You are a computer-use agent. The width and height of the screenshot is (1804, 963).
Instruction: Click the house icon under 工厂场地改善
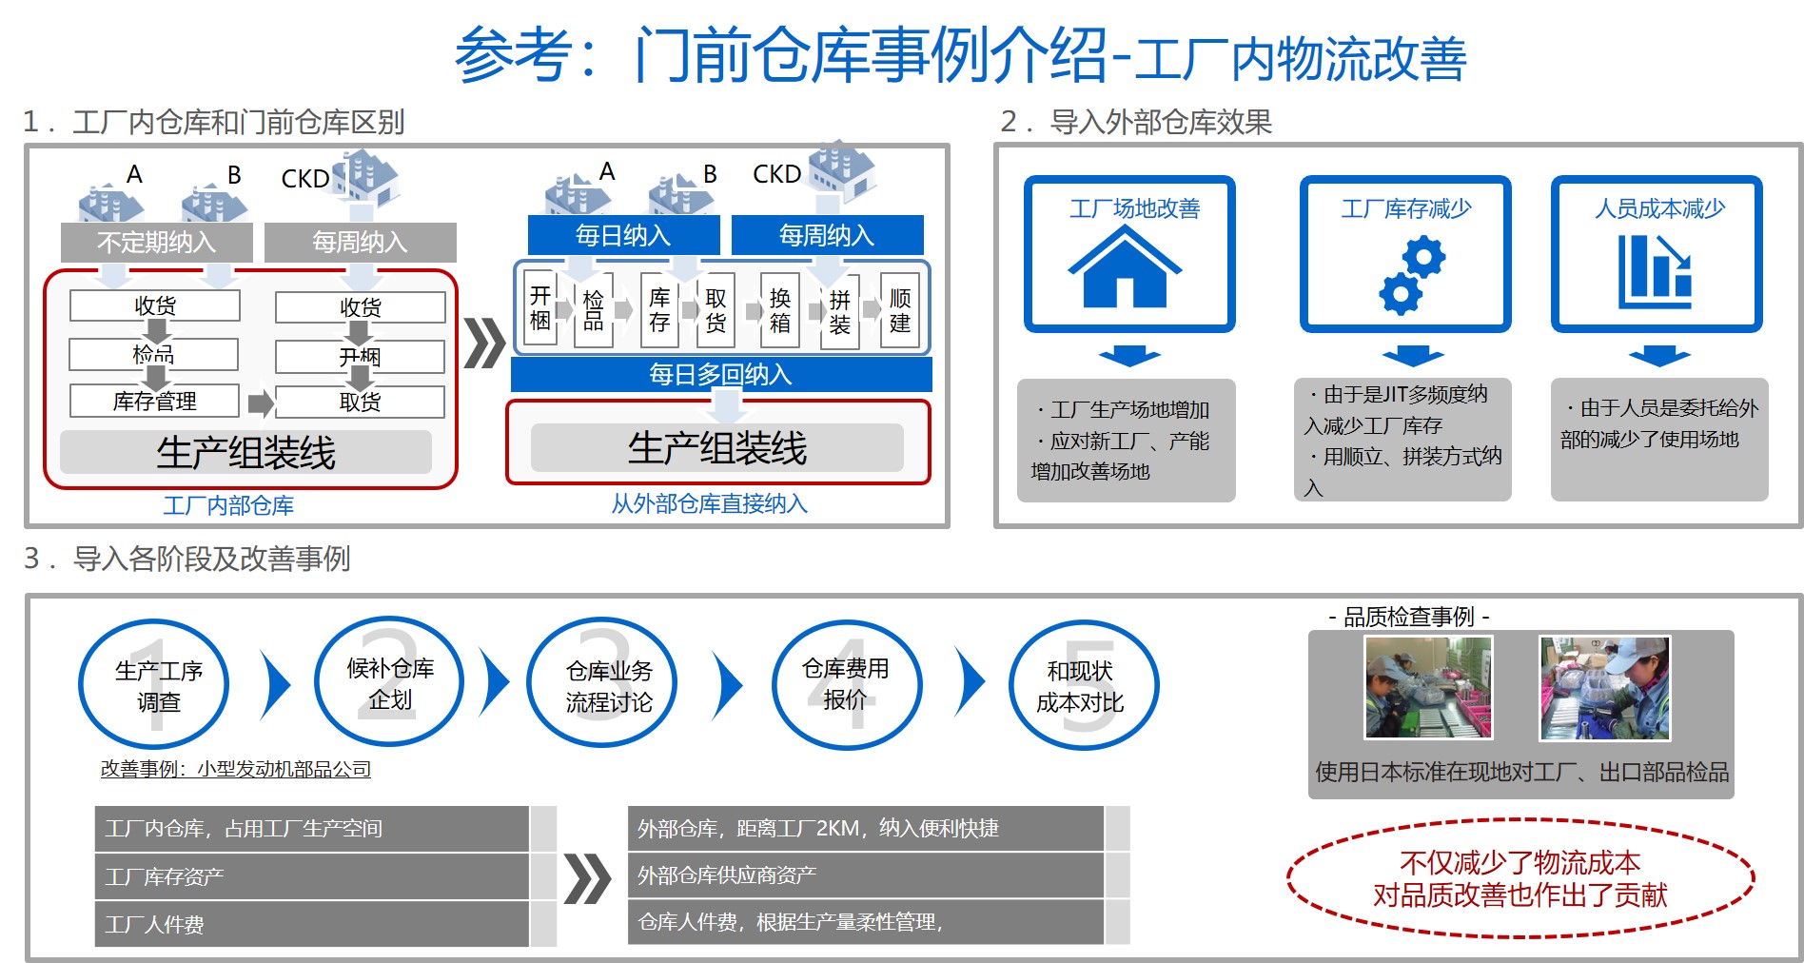pos(1125,269)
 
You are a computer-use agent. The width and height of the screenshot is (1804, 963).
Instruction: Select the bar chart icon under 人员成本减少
pos(1655,271)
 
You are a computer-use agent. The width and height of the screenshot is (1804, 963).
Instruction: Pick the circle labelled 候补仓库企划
pos(389,683)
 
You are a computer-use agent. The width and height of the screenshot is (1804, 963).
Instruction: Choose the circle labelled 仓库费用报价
pos(845,684)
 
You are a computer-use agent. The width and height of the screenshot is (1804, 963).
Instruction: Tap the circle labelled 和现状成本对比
pos(1081,686)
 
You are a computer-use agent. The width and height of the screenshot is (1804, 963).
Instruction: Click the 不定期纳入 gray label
pos(156,243)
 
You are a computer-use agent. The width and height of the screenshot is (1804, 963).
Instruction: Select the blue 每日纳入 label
pos(623,235)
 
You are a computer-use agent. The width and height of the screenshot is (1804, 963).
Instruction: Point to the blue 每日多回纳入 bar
pos(720,375)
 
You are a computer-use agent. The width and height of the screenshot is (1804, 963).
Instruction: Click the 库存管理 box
pos(154,401)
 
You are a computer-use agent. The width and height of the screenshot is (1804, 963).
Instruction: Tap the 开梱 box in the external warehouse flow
pos(540,308)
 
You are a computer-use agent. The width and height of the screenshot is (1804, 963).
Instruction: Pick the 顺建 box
pos(900,310)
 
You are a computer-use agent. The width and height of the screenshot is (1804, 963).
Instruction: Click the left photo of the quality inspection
pos(1428,687)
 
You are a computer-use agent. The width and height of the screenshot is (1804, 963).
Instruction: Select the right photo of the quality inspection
pos(1604,687)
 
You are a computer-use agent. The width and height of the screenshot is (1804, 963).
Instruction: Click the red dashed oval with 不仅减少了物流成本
pos(1520,878)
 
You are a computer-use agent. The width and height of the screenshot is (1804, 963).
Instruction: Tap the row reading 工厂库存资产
pos(312,876)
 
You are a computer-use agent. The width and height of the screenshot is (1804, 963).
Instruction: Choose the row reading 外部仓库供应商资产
pos(865,875)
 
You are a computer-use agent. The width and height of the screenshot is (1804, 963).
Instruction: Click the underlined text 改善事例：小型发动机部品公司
pos(236,769)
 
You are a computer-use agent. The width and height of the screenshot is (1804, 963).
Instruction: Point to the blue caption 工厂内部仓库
pos(228,505)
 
